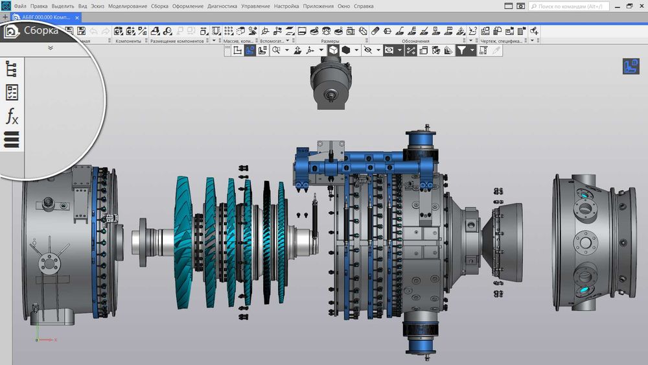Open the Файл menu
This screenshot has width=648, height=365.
(20, 6)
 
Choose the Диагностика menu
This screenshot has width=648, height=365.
(222, 6)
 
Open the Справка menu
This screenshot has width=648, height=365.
(364, 6)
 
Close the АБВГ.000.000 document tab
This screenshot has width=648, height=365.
(89, 17)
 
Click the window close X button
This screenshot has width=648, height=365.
(642, 6)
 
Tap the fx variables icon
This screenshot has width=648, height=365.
(12, 116)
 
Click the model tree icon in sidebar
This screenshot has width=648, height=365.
(12, 68)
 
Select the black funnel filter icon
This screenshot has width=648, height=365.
(461, 51)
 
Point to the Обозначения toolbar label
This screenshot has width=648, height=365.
(415, 41)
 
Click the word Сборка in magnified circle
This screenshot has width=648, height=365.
(41, 30)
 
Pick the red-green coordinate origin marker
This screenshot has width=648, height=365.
(38, 339)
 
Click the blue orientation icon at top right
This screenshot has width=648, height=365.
(631, 66)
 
